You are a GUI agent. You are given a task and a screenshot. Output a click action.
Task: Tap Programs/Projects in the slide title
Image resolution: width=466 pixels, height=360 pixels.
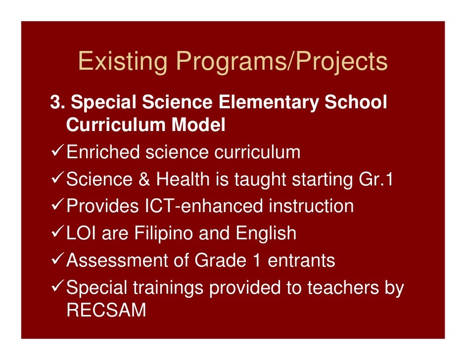click(282, 62)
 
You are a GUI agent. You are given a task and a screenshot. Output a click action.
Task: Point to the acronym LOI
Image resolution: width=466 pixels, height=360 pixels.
click(82, 233)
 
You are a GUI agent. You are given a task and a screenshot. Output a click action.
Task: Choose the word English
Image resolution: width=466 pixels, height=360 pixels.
click(266, 233)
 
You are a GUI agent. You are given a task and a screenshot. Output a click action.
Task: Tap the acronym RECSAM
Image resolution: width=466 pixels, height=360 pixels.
click(106, 310)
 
